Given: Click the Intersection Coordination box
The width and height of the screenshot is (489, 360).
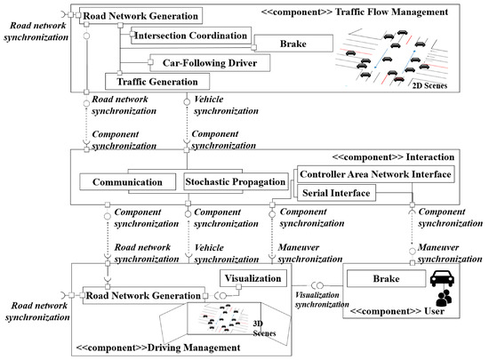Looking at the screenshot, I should tap(189, 36).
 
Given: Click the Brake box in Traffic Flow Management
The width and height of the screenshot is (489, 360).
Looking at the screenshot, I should tap(294, 43).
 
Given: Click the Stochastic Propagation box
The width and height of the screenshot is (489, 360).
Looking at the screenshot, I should tap(236, 181).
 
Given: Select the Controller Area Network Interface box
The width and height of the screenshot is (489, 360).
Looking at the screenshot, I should tap(374, 174).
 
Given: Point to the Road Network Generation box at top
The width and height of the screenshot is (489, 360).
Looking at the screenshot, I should tap(140, 15).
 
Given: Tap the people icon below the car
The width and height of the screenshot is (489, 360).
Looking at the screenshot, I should tap(442, 300).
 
